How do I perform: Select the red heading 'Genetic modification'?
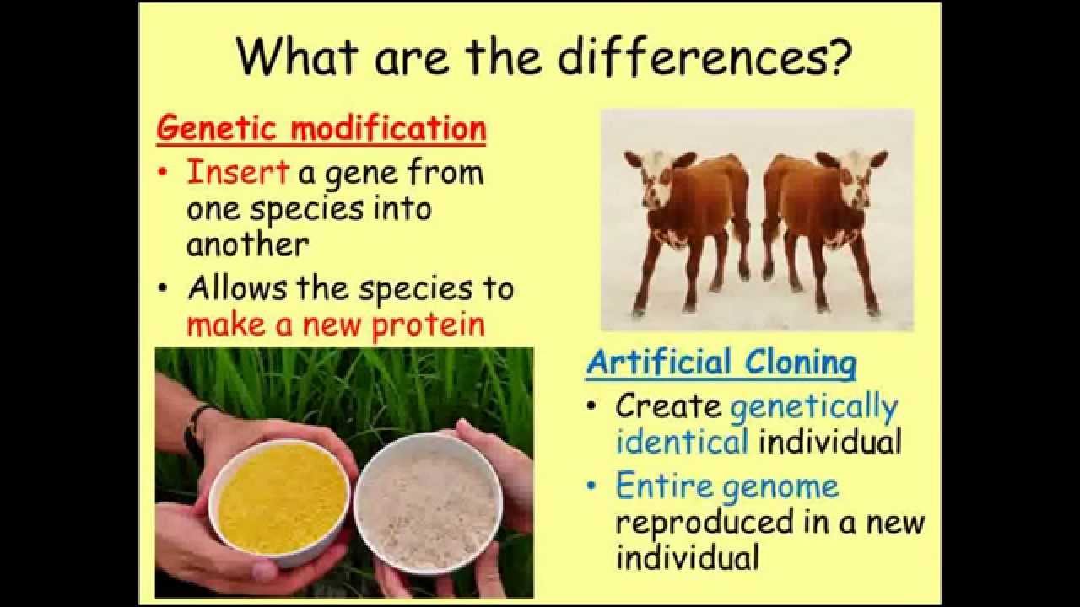click(x=321, y=129)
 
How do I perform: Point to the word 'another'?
click(x=247, y=244)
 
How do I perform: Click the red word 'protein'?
click(x=428, y=325)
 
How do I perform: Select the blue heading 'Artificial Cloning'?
click(x=721, y=363)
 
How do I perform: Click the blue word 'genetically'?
click(x=814, y=408)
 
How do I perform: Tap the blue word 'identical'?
click(x=683, y=441)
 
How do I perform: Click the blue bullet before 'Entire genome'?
click(x=591, y=484)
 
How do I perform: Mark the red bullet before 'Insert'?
click(x=164, y=171)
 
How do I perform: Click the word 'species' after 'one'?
click(x=306, y=210)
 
